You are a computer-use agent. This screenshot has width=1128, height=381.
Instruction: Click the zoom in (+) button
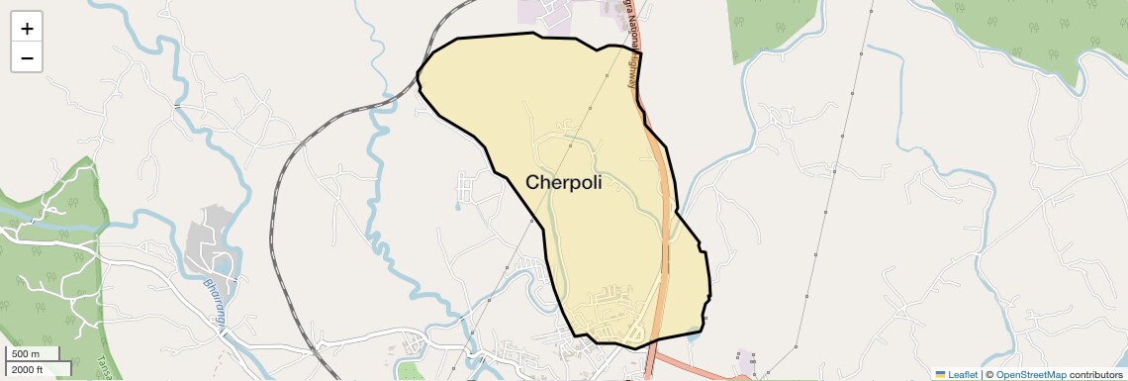[27, 28]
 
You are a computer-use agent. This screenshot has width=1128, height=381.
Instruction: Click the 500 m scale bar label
[27, 354]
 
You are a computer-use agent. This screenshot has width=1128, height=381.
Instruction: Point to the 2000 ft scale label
[28, 369]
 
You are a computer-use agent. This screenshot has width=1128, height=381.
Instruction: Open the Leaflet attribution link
[963, 374]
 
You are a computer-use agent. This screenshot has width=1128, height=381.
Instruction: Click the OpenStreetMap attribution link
[1030, 374]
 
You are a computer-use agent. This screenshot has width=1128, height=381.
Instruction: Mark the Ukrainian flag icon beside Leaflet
[940, 374]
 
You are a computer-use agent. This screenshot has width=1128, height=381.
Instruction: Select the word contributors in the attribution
[1095, 374]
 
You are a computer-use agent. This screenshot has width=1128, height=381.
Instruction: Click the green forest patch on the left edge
[49, 247]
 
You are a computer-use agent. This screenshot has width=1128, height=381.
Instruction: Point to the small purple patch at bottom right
[745, 358]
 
